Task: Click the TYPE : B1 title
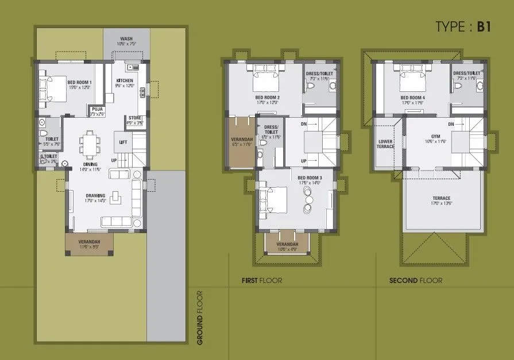pos(463,27)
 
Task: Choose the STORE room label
pos(134,120)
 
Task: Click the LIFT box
pos(123,142)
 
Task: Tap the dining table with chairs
pos(90,144)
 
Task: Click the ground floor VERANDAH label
pos(89,243)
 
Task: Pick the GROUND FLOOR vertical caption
pos(200,318)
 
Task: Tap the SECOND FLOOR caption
pos(416,281)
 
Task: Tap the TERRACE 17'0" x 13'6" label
pos(442,200)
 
